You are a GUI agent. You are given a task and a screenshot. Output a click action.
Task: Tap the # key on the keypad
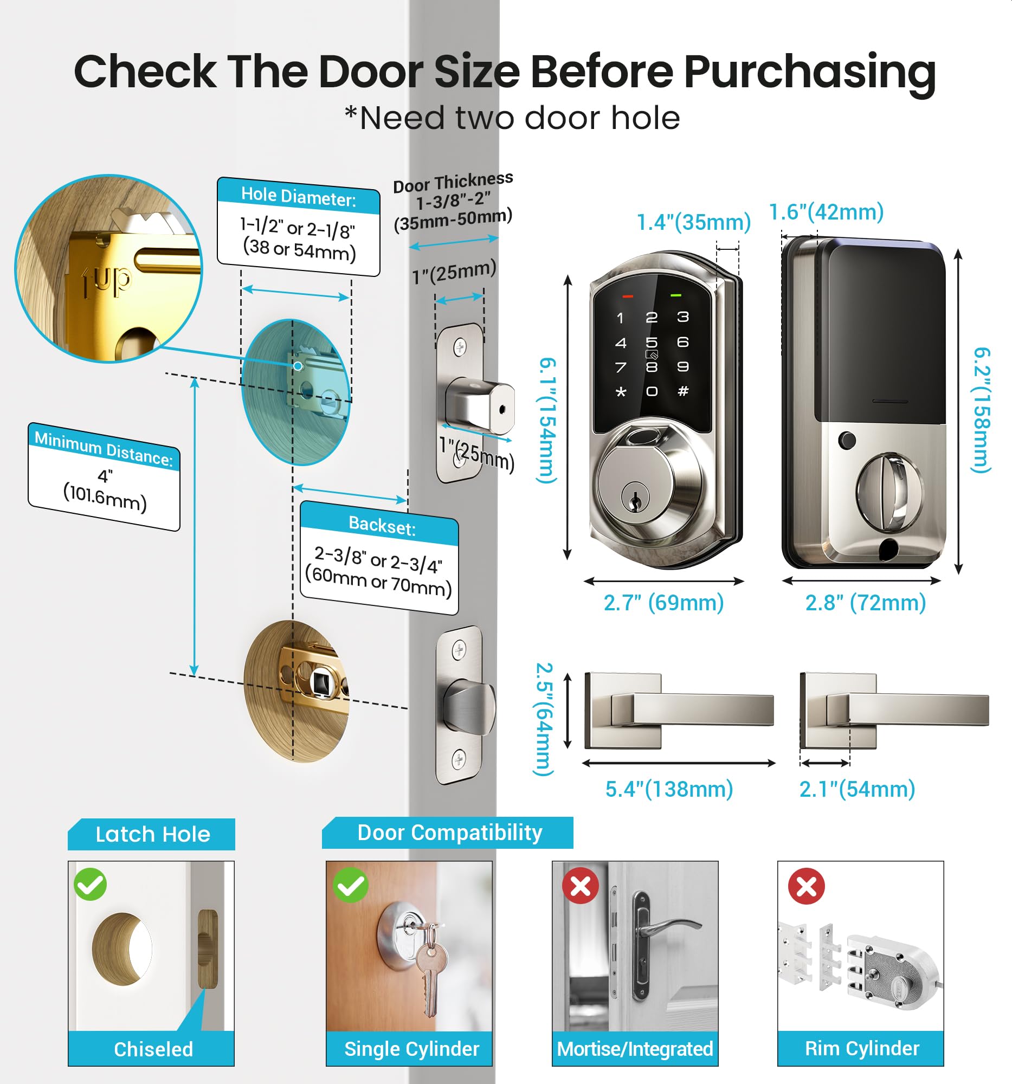click(x=682, y=390)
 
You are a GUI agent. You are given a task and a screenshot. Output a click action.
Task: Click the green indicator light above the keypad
click(x=676, y=295)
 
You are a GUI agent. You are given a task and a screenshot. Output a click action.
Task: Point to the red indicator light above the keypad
click(x=628, y=296)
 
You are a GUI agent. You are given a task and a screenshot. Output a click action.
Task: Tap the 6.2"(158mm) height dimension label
click(x=982, y=410)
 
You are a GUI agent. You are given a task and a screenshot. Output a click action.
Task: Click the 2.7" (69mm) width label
click(x=663, y=603)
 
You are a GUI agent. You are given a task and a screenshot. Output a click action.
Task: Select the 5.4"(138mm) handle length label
click(x=669, y=789)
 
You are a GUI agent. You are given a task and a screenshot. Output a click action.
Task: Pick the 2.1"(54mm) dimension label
click(x=856, y=789)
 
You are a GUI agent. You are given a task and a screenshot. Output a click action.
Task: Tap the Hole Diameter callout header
click(x=298, y=196)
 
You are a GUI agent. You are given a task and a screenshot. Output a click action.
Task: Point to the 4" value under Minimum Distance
click(x=105, y=475)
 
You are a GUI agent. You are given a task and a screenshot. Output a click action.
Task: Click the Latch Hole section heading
click(x=153, y=834)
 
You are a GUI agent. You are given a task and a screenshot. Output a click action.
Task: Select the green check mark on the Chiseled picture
click(x=91, y=884)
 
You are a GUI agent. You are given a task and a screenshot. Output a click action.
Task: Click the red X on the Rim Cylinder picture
click(x=807, y=886)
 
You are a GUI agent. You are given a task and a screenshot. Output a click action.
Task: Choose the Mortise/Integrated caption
click(x=635, y=1049)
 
